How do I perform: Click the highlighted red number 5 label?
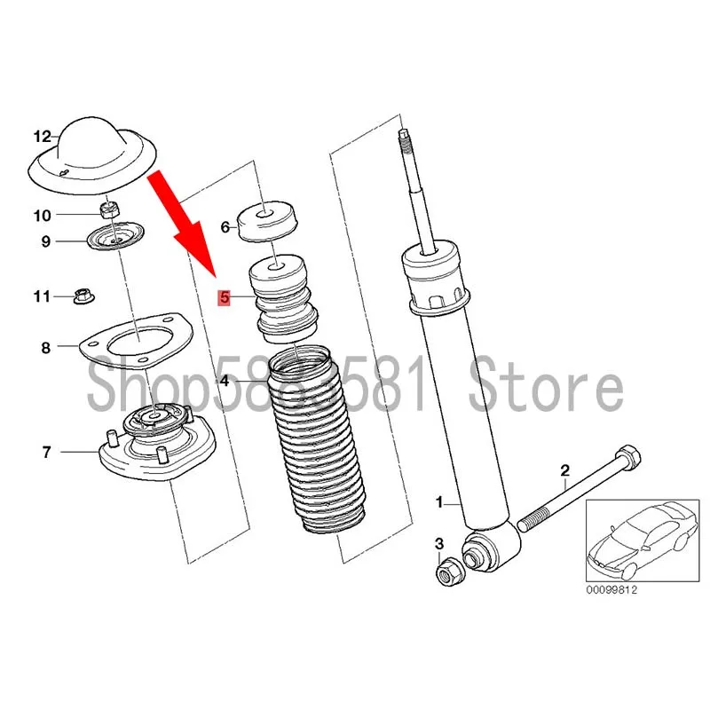pos(225,298)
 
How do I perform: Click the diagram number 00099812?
pos(612,590)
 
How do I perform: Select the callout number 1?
pos(438,503)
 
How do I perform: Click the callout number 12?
pos(43,137)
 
